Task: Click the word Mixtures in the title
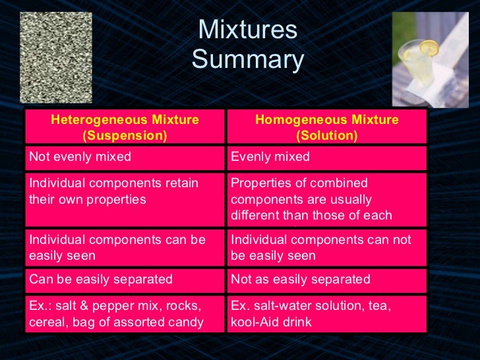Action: click(247, 30)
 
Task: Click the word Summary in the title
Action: click(247, 61)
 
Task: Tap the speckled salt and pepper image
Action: click(56, 57)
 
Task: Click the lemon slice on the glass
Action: click(429, 48)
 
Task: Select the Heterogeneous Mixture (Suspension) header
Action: click(125, 128)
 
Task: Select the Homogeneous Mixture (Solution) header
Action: click(326, 128)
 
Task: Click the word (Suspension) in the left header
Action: click(125, 136)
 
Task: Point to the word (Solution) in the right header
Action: click(326, 136)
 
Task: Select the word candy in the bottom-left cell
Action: click(186, 323)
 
